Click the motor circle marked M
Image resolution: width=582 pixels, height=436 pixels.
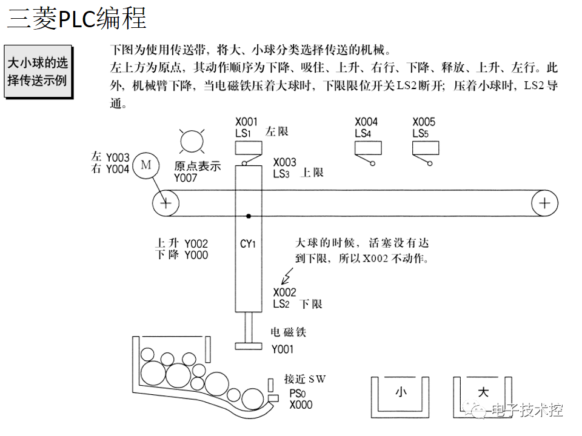(145, 165)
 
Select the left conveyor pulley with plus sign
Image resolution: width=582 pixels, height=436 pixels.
(165, 202)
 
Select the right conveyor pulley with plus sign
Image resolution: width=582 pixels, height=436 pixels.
(544, 202)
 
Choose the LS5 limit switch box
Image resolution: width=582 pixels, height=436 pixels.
(426, 148)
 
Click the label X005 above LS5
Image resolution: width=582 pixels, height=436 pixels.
(424, 122)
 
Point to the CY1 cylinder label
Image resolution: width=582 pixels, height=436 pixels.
(249, 244)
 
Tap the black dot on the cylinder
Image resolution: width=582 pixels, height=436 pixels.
(249, 216)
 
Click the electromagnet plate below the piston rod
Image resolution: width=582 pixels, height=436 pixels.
(249, 346)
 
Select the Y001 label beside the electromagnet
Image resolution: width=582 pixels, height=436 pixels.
(283, 349)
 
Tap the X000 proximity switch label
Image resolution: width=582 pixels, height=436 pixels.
(301, 405)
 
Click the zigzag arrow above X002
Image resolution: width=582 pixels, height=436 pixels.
(286, 278)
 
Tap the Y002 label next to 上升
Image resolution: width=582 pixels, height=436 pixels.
(196, 243)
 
